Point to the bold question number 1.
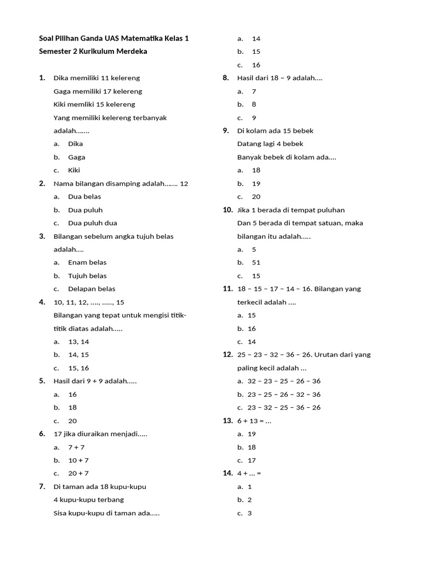42,78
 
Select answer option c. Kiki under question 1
73,170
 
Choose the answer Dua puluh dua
92,223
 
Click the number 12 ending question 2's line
184,183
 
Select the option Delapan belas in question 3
92,289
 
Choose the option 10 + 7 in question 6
78,460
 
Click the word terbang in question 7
110,499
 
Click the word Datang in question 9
249,144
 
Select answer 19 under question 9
256,183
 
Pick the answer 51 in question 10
256,262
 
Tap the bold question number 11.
228,289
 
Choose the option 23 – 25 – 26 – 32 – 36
284,394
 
